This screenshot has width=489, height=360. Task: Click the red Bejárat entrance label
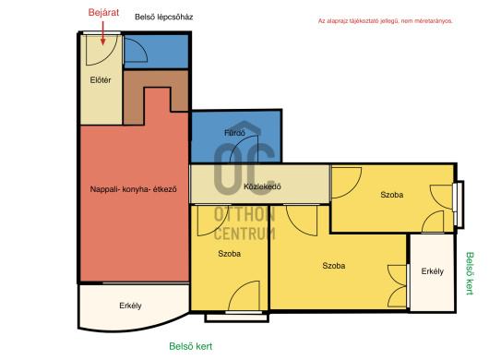[103, 13]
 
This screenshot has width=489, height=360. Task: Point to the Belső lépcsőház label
[163, 17]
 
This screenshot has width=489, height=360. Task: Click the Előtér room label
[101, 80]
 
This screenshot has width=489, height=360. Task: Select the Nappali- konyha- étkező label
[133, 189]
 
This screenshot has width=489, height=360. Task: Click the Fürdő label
[234, 133]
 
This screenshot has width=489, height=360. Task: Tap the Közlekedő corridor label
[262, 186]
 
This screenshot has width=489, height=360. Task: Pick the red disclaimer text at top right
[385, 21]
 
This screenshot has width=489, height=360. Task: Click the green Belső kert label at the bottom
[191, 346]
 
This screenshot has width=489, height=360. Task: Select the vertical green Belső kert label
[470, 273]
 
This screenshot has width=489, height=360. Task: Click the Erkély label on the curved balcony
[130, 306]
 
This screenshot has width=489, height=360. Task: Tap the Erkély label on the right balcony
[432, 271]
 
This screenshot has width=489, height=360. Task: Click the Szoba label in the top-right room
[392, 195]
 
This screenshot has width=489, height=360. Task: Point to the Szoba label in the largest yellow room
[334, 266]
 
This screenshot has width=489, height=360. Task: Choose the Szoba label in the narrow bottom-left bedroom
[229, 254]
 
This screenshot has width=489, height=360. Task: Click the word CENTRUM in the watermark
[244, 234]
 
